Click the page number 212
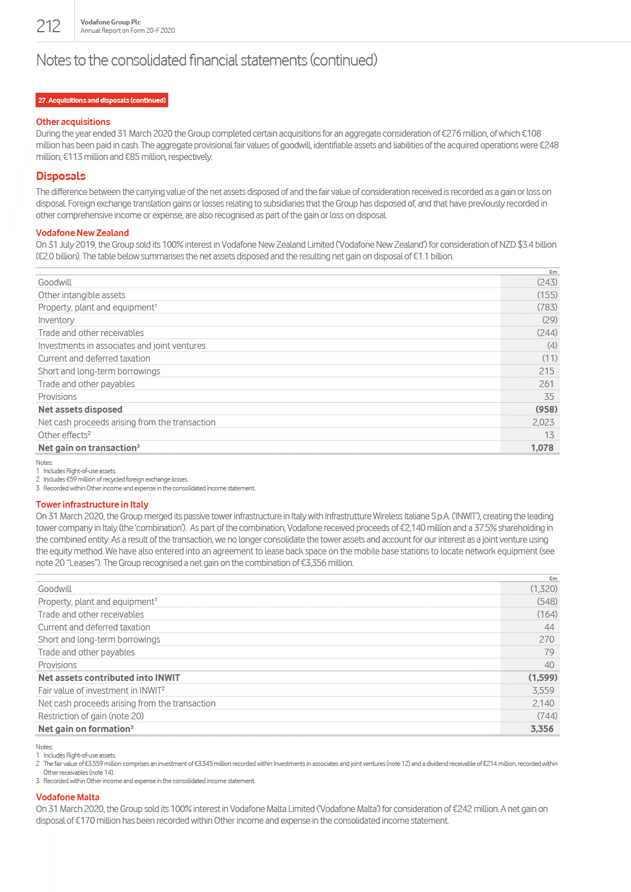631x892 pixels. (x=48, y=26)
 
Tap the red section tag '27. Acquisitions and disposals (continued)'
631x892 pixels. (x=102, y=100)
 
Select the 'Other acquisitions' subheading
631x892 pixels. (x=73, y=122)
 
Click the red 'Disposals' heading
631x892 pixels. (x=61, y=176)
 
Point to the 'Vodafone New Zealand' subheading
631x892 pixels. (x=82, y=233)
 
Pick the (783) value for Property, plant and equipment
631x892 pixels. (x=547, y=307)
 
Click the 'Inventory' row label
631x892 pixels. (x=56, y=320)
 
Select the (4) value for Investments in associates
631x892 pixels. (x=552, y=345)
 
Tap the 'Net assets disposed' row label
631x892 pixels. (x=80, y=409)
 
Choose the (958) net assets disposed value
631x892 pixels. (x=546, y=409)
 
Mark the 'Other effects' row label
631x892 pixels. (x=64, y=435)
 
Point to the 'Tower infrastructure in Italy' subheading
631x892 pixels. (x=92, y=504)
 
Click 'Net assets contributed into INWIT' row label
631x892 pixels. (x=109, y=678)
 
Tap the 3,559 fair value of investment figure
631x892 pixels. (x=543, y=690)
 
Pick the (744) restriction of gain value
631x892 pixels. (x=547, y=716)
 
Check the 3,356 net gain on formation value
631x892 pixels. (x=542, y=729)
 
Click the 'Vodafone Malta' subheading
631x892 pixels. (x=68, y=797)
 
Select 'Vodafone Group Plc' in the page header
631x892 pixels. (x=111, y=22)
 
